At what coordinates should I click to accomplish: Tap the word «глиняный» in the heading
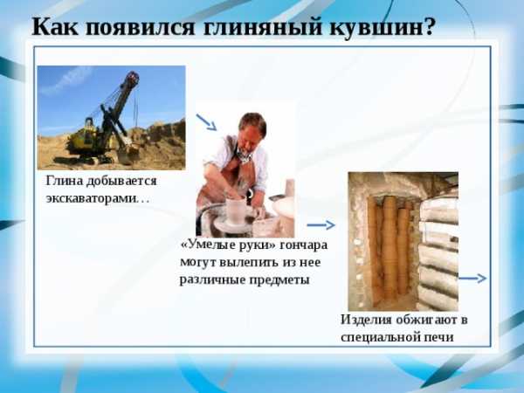pyautogui.click(x=262, y=27)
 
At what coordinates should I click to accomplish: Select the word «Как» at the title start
pyautogui.click(x=55, y=26)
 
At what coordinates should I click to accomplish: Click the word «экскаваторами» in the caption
pyautogui.click(x=92, y=198)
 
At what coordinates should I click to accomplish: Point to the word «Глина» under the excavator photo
pyautogui.click(x=64, y=181)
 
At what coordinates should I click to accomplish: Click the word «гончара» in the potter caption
pyautogui.click(x=303, y=245)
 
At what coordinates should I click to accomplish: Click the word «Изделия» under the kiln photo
pyautogui.click(x=366, y=320)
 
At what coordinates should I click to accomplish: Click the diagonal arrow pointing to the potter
pyautogui.click(x=206, y=122)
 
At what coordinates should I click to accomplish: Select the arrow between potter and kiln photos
pyautogui.click(x=321, y=225)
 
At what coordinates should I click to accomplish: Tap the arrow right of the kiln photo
pyautogui.click(x=472, y=279)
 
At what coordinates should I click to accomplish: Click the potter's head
pyautogui.click(x=252, y=129)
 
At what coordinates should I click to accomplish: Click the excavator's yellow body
pyautogui.click(x=86, y=141)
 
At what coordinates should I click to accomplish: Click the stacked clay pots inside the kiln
pyautogui.click(x=390, y=247)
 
